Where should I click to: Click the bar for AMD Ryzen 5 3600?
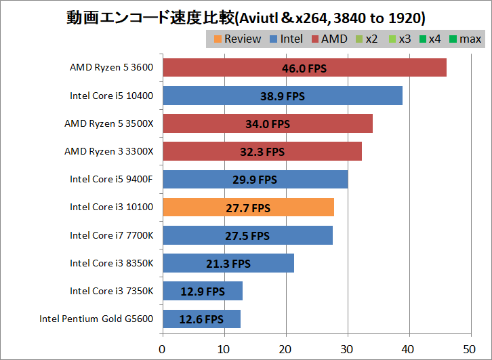(304, 68)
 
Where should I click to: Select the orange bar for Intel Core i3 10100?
(248, 207)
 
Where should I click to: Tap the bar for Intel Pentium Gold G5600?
(201, 319)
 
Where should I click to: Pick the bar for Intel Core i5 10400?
(282, 96)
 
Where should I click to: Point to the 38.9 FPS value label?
(283, 96)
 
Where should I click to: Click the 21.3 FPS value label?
(228, 264)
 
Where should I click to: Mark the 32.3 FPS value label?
(262, 152)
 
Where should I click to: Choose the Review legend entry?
(236, 39)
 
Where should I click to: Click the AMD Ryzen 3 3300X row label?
(108, 151)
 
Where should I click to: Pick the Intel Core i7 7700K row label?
(111, 235)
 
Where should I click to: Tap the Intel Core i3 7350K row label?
(111, 291)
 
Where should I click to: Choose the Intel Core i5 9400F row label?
(111, 179)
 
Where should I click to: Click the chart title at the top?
(246, 16)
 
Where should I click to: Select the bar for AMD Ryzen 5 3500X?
(267, 123)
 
